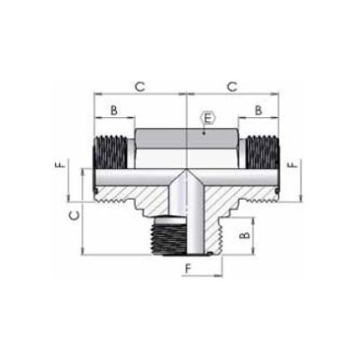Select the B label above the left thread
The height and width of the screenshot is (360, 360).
[114, 110]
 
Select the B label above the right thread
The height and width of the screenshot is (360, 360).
[257, 110]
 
